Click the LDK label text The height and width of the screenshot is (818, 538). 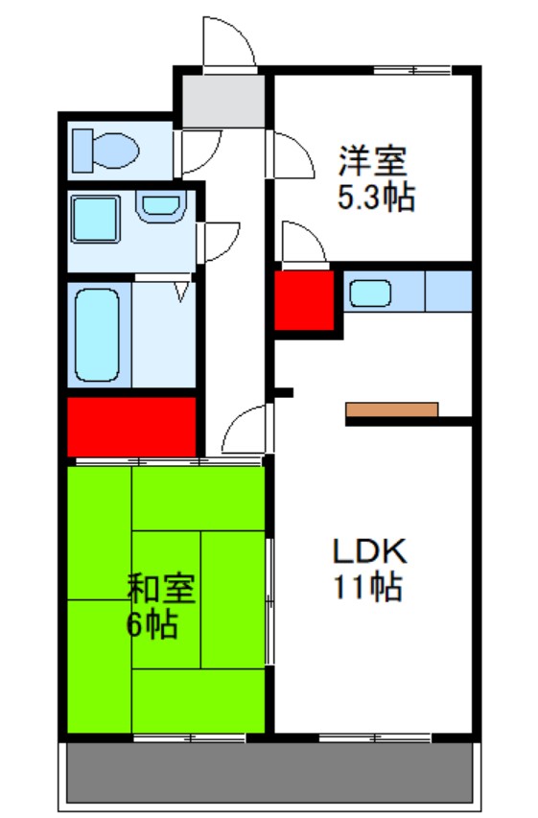[x=370, y=551]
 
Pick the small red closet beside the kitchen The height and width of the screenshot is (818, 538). [x=304, y=300]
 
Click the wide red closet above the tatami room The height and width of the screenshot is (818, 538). [x=131, y=426]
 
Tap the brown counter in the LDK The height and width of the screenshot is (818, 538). [x=391, y=409]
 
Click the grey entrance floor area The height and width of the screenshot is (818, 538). [x=223, y=101]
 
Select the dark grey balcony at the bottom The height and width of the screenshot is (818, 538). [x=269, y=772]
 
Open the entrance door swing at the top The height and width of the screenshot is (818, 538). [x=228, y=44]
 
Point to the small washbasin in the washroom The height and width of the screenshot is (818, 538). [x=159, y=206]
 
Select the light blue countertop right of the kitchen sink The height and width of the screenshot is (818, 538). [x=448, y=292]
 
